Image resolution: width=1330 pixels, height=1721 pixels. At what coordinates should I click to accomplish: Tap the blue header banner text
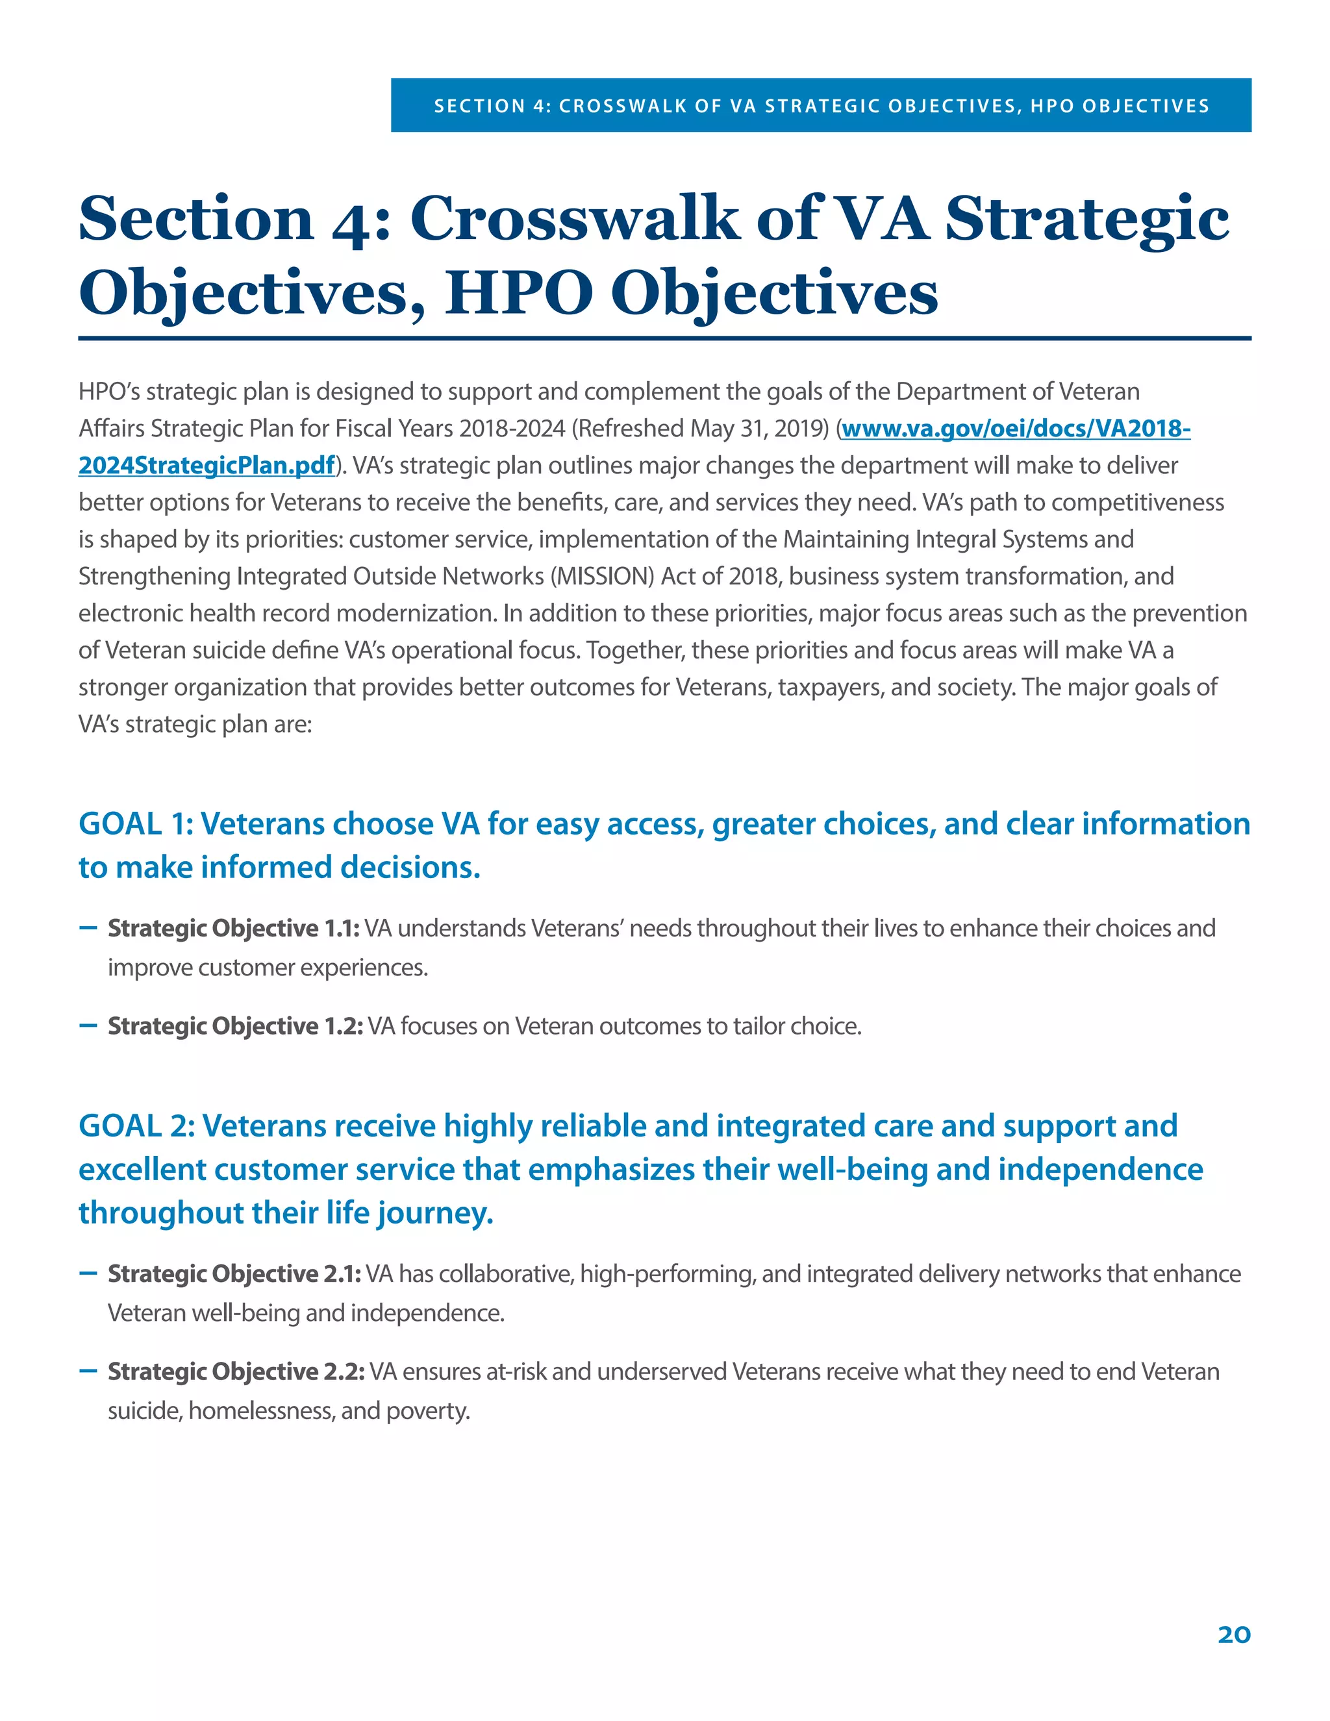click(821, 106)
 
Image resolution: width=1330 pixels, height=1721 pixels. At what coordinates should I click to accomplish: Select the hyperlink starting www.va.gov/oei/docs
click(1015, 429)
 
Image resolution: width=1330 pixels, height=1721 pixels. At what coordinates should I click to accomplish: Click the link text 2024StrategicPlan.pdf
click(207, 466)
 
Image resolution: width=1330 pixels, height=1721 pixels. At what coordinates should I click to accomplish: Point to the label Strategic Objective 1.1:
click(233, 928)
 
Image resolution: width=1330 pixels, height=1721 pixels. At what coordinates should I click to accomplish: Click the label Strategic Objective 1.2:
click(235, 1026)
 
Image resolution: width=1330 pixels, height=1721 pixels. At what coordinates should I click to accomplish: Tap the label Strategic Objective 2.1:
click(234, 1274)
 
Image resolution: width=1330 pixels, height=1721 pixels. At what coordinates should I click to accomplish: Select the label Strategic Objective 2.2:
click(236, 1372)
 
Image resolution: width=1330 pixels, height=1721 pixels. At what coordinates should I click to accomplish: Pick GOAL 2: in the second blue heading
click(136, 1127)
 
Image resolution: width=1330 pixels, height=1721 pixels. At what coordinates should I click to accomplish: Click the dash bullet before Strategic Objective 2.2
click(88, 1371)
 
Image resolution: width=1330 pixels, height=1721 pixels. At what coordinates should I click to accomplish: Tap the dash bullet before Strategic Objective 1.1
click(88, 927)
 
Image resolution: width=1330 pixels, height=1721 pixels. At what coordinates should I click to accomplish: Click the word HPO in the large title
click(518, 293)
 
